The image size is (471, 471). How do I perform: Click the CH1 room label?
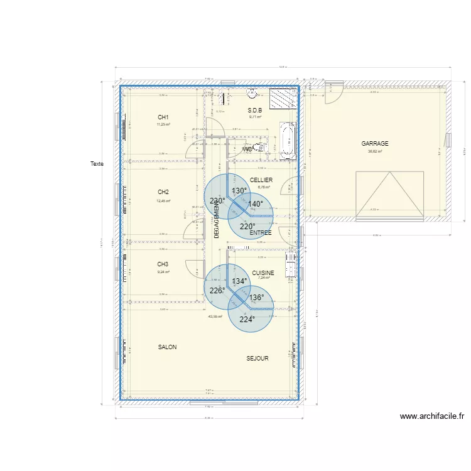163,117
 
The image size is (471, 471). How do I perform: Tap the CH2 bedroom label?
163,192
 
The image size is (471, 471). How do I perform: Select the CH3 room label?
163,264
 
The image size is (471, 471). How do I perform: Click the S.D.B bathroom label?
254,110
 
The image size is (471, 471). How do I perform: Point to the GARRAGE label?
375,144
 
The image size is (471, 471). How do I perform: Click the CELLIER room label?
261,180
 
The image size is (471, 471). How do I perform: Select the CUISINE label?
263,273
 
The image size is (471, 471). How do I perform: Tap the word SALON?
167,347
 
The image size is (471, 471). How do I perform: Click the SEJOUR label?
257,359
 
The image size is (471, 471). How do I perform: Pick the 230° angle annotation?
217,202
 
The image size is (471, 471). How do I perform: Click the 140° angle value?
255,204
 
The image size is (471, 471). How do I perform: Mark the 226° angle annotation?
217,291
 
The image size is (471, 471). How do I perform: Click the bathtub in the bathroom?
288,141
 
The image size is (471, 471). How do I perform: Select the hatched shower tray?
282,99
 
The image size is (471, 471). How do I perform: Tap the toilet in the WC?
261,148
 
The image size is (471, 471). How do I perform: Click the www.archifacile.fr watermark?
431,416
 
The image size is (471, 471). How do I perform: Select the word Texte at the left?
97,165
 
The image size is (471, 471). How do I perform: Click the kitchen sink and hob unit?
290,264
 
